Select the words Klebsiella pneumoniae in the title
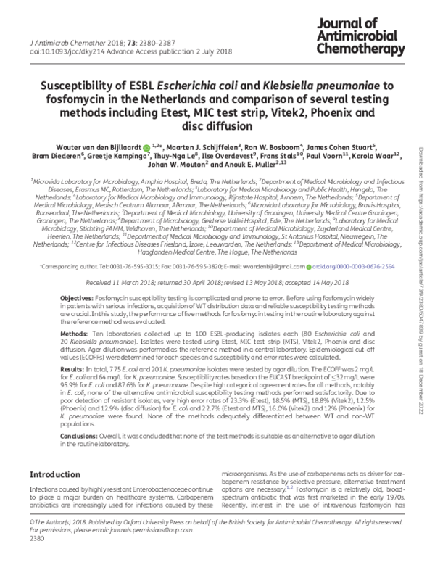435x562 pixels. point(333,84)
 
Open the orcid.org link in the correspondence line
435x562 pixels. point(356,266)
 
